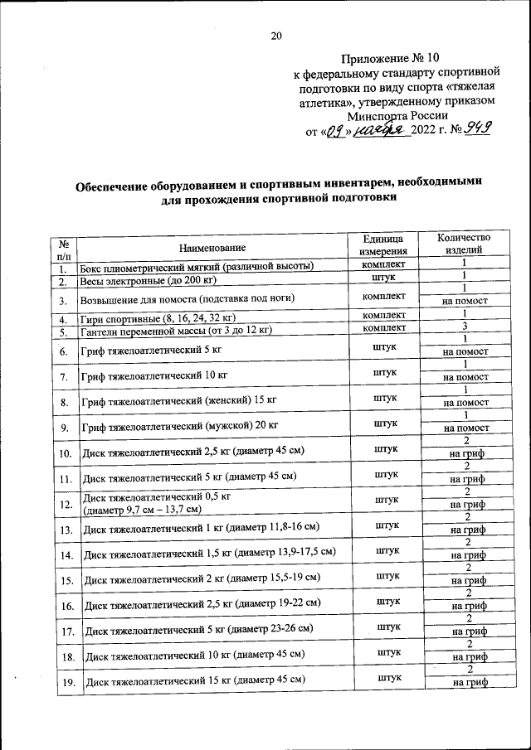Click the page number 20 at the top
click(x=276, y=35)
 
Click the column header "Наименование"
click(x=213, y=247)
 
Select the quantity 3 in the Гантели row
click(x=465, y=327)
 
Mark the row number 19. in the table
click(x=65, y=683)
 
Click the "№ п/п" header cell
click(x=64, y=249)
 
